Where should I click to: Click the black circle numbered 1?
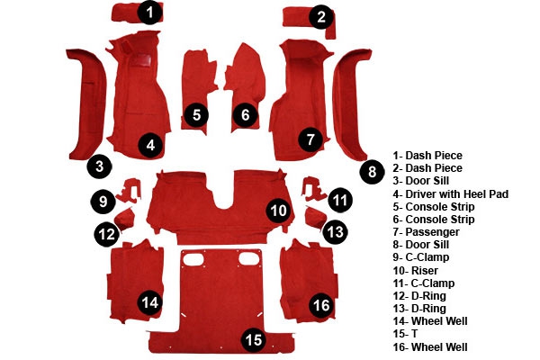[149, 13]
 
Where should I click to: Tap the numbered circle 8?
[372, 172]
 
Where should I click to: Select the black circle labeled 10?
[278, 211]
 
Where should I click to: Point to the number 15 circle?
[254, 340]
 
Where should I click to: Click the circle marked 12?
[107, 234]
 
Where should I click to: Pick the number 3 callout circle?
[100, 166]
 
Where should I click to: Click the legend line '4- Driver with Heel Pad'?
[451, 194]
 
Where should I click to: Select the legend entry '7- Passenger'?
[426, 232]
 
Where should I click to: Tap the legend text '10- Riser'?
[415, 270]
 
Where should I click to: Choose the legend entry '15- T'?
[405, 334]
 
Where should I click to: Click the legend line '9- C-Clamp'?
[421, 257]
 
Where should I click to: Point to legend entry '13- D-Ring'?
[419, 309]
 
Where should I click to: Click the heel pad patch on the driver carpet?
[140, 60]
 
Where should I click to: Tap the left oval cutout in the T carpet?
[193, 258]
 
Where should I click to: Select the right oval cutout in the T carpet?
[249, 258]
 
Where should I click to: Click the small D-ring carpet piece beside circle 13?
[314, 218]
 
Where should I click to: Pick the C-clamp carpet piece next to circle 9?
[130, 190]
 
